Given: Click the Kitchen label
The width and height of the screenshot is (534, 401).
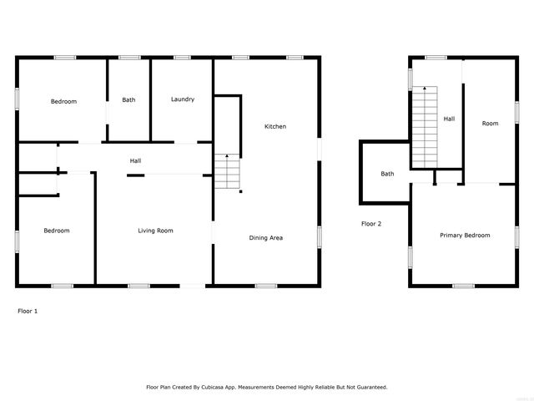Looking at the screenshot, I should click(275, 126).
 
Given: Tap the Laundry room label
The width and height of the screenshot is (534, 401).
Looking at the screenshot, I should click(183, 99).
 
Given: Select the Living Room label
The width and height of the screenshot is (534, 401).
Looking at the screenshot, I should click(155, 231).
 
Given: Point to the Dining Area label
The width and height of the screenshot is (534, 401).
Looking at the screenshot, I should click(266, 238).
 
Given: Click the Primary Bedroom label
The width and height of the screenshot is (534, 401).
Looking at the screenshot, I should click(465, 236).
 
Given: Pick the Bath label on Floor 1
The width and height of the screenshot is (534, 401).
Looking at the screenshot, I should click(128, 100).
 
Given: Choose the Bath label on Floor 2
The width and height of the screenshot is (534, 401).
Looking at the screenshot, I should click(387, 174).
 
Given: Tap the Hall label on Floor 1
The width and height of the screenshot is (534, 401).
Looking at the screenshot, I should click(135, 160).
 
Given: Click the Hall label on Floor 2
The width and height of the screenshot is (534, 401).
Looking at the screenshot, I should click(449, 119).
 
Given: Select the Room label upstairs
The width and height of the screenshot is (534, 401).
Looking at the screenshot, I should click(490, 124).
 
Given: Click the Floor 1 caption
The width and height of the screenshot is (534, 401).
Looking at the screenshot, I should click(28, 311).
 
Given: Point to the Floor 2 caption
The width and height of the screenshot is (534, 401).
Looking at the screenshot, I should click(371, 224).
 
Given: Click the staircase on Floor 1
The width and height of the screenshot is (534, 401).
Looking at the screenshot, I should click(227, 173).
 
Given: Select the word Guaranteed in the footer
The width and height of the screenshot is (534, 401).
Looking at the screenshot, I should click(369, 388).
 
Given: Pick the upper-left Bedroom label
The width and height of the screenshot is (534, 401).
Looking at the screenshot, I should click(63, 102).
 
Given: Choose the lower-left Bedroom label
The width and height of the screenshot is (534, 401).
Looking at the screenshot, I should click(57, 231).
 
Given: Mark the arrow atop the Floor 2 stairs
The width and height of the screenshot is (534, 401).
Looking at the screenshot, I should click(426, 88).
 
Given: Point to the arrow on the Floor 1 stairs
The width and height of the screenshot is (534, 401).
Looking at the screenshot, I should click(227, 157).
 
